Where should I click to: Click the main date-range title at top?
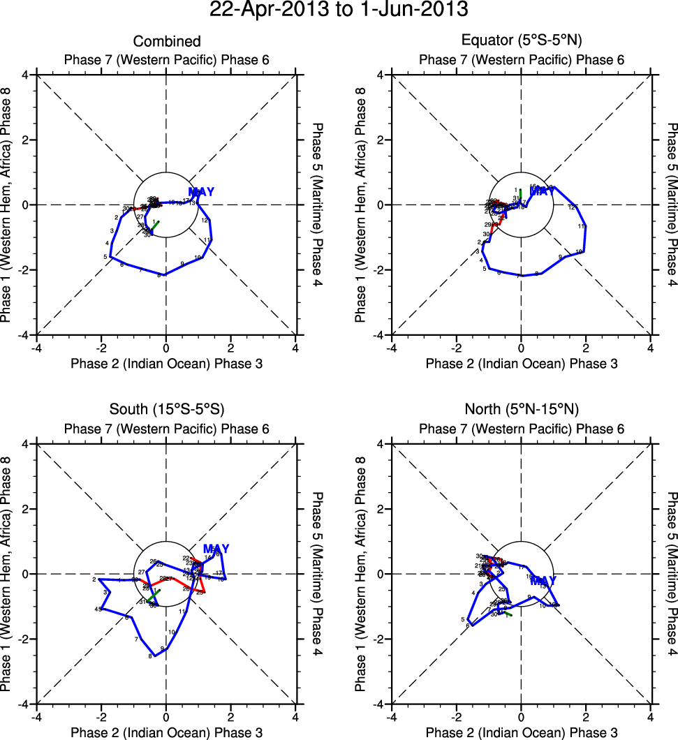coord(339,10)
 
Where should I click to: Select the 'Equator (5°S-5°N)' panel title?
coord(521,42)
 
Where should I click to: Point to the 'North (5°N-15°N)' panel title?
coord(521,410)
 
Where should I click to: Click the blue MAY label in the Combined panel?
coord(201,192)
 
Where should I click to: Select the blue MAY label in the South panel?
coord(216,549)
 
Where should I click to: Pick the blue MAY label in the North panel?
coord(543,580)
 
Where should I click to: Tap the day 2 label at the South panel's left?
coord(94,579)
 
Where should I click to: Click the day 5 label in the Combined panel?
coord(105,257)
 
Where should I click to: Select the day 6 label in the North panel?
coord(467,626)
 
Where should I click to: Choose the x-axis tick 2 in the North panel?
coord(586,716)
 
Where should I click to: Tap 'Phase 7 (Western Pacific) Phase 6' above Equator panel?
coord(521,60)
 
